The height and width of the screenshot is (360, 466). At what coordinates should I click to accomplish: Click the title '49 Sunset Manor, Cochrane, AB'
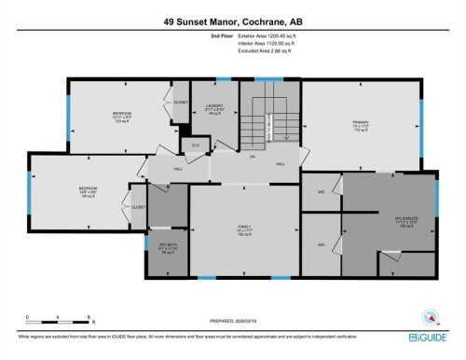click(x=233, y=20)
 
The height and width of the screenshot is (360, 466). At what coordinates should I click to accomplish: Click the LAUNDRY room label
click(x=214, y=108)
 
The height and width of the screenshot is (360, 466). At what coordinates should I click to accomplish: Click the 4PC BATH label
click(x=168, y=248)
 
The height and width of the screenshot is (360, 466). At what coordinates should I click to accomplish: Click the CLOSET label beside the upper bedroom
click(x=180, y=102)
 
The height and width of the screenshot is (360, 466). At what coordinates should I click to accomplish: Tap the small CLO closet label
click(x=196, y=145)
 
